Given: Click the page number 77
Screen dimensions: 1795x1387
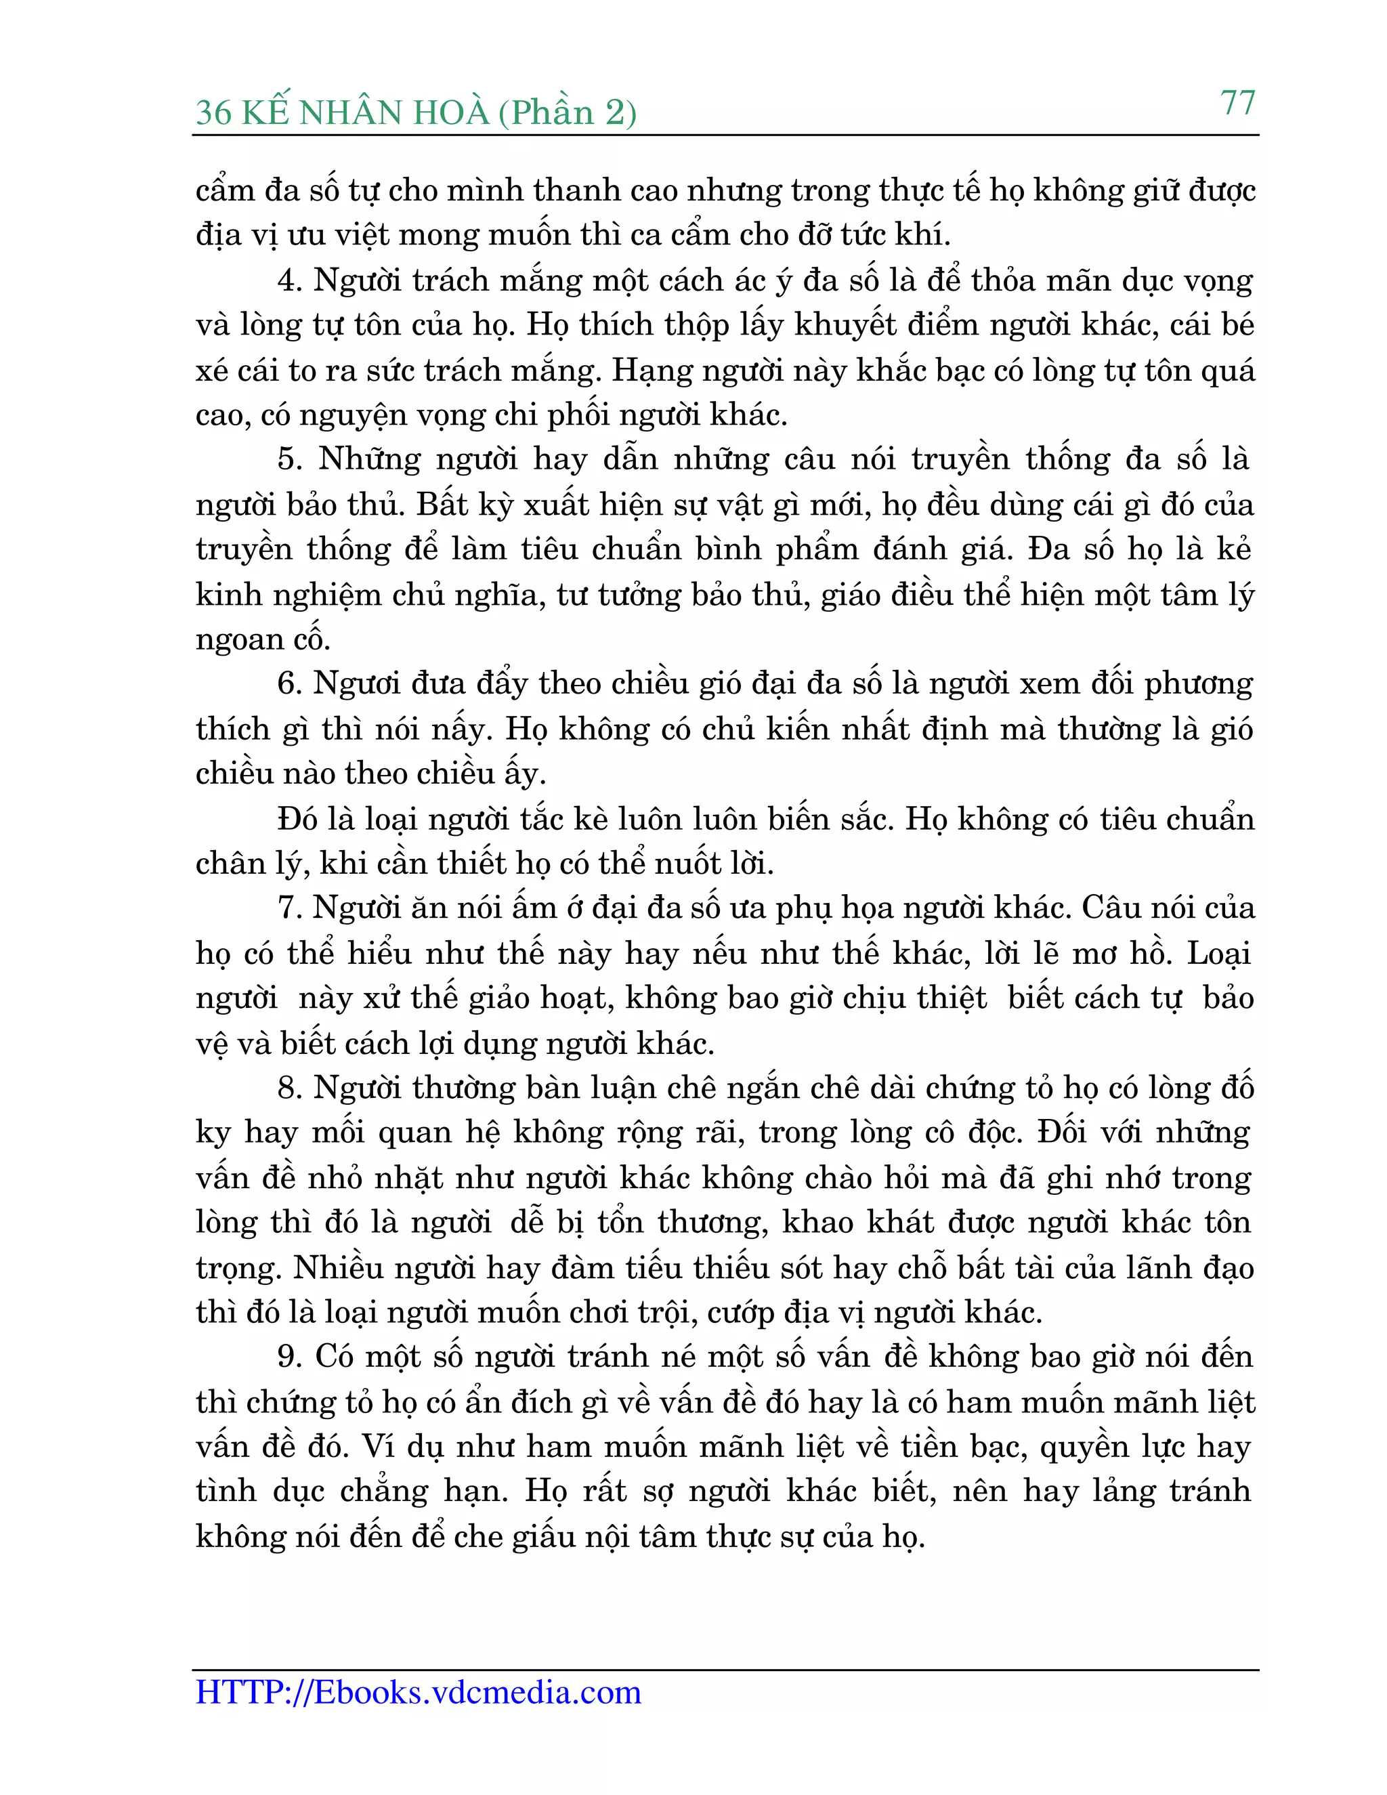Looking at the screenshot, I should tap(1237, 103).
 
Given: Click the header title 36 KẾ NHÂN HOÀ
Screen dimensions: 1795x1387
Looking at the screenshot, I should tap(343, 112).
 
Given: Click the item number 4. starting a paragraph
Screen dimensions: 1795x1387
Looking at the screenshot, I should tap(290, 280).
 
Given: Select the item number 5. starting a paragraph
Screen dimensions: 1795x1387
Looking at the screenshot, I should tap(290, 459).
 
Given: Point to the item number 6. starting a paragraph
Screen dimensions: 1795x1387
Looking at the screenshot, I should tap(290, 684).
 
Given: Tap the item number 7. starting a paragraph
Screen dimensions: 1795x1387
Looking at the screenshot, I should tap(290, 908).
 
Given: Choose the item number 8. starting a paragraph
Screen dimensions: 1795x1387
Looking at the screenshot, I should tap(290, 1089).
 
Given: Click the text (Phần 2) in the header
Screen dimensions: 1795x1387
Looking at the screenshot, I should tap(567, 112).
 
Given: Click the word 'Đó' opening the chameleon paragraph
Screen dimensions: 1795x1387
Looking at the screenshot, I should tap(297, 819).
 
